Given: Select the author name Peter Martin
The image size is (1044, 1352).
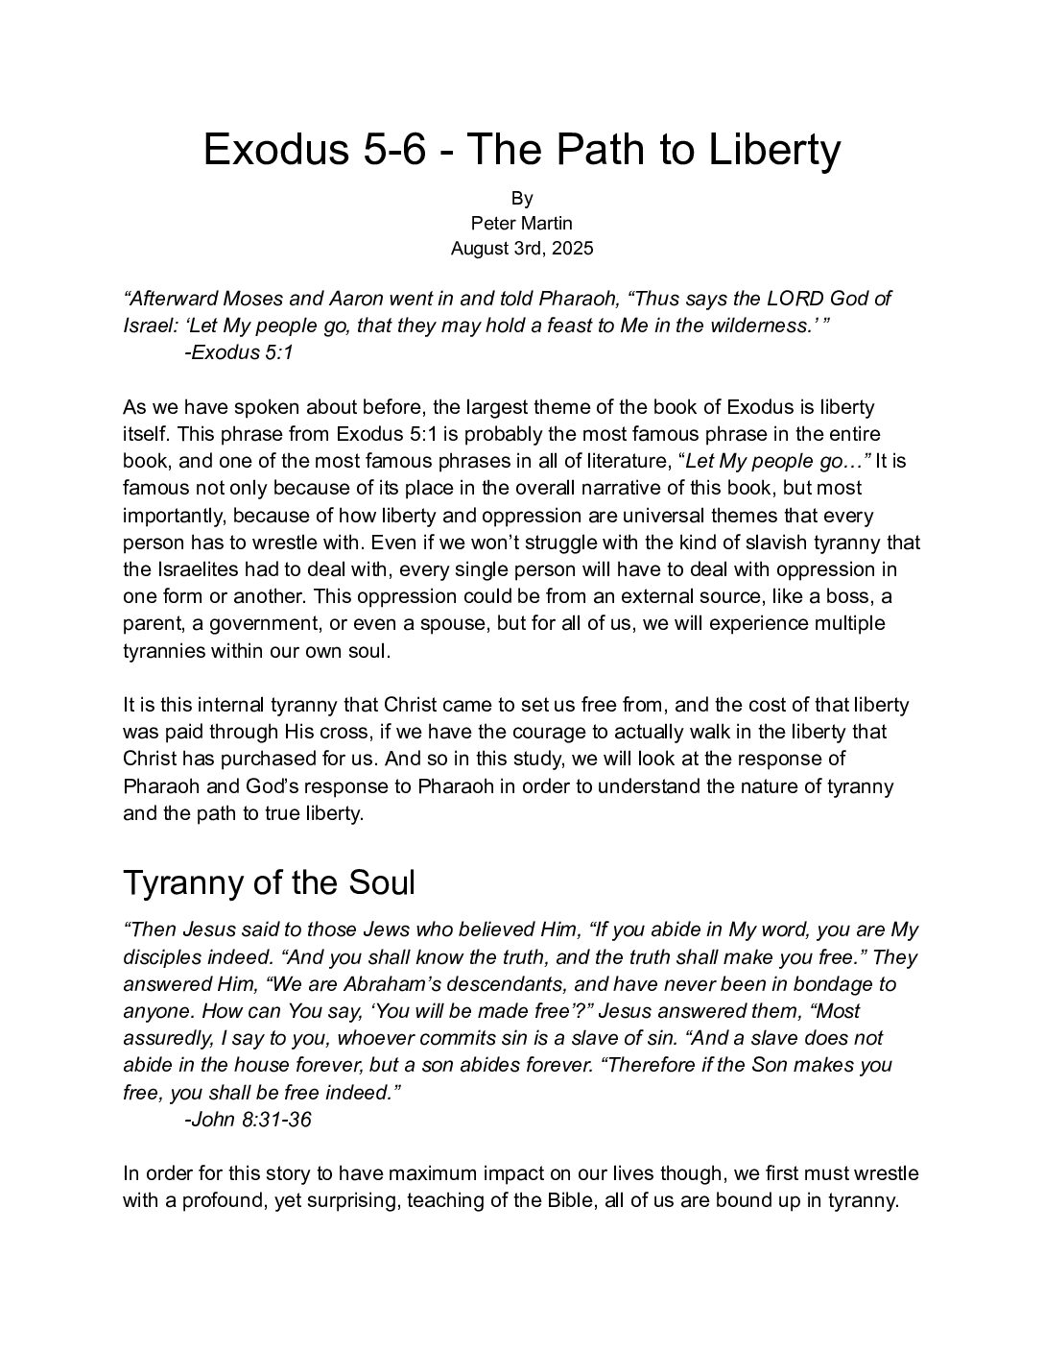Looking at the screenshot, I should click(522, 223).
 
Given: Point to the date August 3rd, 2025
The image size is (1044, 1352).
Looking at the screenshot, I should click(522, 248).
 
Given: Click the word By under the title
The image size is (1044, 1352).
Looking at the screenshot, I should click(522, 198).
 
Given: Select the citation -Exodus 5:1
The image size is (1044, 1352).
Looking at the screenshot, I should click(238, 352).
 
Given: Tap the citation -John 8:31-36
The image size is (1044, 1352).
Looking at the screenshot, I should click(247, 1119).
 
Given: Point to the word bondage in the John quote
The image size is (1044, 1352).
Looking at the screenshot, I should click(836, 984).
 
